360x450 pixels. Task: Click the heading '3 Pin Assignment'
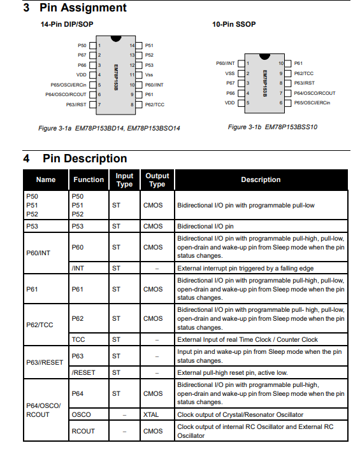[x=75, y=8]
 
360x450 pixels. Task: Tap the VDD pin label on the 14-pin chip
[x=81, y=74]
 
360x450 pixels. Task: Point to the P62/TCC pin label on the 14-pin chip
[x=154, y=104]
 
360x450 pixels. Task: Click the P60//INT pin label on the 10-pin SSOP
[x=226, y=64]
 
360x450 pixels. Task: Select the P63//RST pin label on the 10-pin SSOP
[x=304, y=83]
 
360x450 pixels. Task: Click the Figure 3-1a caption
[x=110, y=128]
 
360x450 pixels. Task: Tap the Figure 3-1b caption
[x=272, y=127]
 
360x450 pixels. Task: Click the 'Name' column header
[x=46, y=180]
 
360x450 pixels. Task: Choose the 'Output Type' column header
[x=157, y=180]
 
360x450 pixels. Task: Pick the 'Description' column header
[x=261, y=180]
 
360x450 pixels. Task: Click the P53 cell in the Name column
[x=32, y=226]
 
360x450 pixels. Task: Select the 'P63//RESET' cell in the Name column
[x=45, y=362]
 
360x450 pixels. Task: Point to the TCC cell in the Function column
[x=78, y=340]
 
